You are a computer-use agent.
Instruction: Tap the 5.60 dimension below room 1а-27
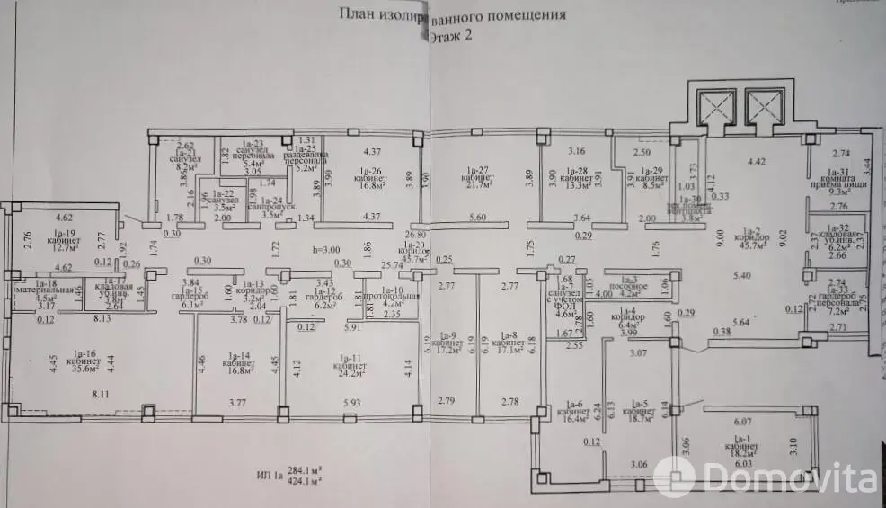click(x=477, y=218)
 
